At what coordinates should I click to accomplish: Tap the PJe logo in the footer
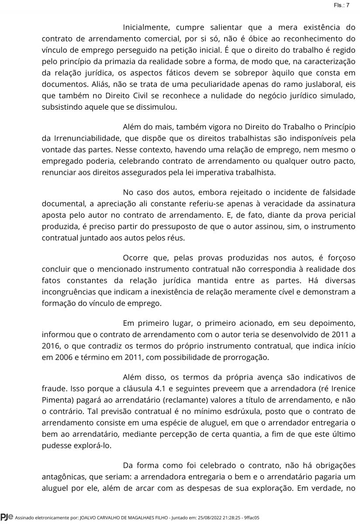(7, 517)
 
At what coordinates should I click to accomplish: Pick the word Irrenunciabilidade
(86, 138)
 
